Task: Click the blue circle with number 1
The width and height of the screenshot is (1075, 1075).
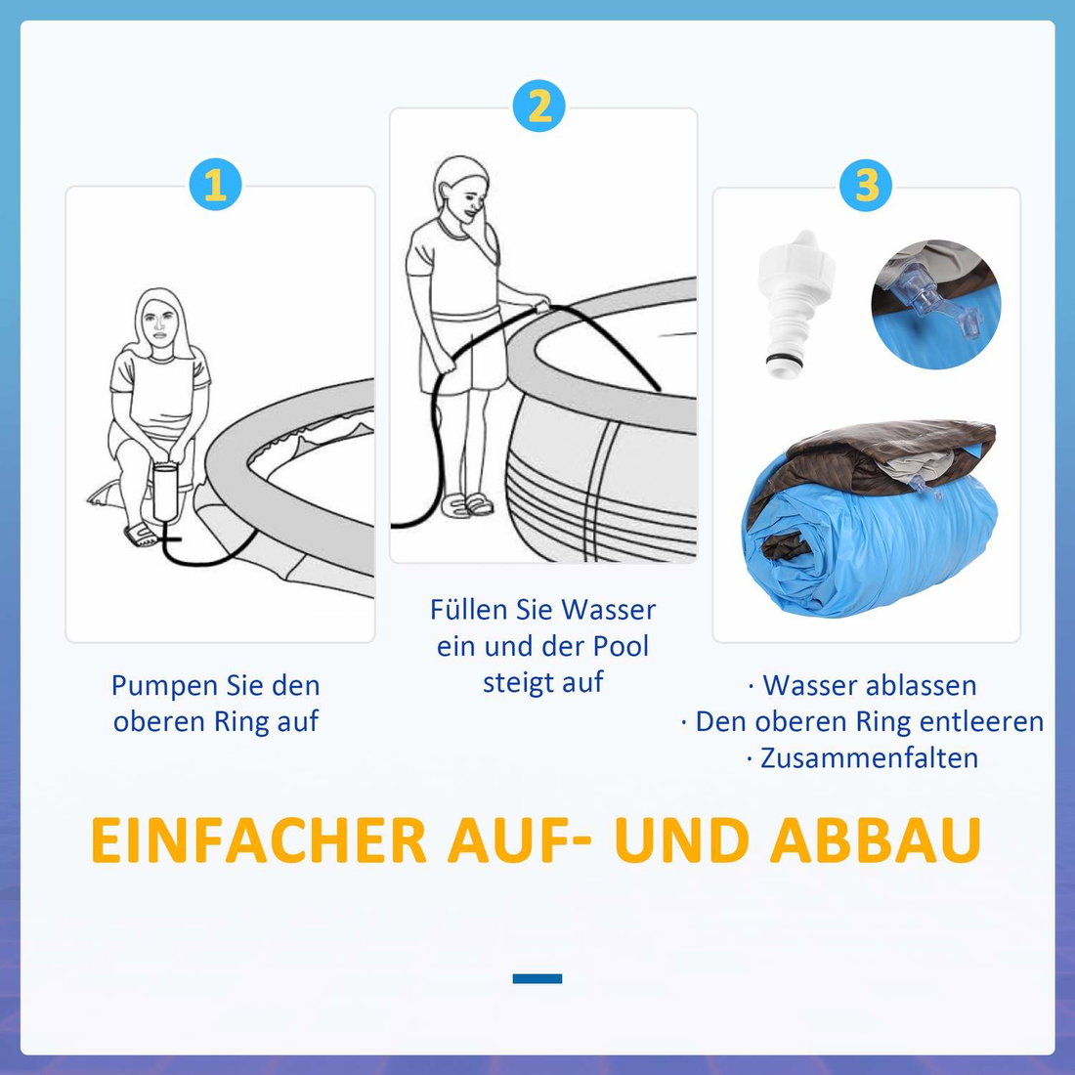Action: tap(215, 185)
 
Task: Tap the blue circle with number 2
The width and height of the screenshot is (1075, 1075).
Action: tap(538, 107)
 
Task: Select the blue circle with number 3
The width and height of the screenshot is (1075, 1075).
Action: tap(866, 185)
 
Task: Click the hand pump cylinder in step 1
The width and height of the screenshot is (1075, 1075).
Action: tap(165, 492)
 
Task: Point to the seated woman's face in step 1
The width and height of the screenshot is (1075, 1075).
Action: tap(160, 326)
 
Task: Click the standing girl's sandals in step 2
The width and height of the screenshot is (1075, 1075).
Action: tap(467, 504)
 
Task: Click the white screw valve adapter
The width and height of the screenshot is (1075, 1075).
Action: tap(795, 304)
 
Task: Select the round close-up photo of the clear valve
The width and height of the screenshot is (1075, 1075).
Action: tap(936, 304)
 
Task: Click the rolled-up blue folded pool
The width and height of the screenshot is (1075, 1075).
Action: tap(870, 518)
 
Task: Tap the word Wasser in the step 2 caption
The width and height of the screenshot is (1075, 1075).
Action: tap(609, 610)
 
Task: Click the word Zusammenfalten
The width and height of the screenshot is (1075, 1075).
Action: tap(869, 758)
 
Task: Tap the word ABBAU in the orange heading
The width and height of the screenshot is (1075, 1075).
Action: tap(876, 839)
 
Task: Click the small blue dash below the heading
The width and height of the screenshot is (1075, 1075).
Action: tap(537, 978)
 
